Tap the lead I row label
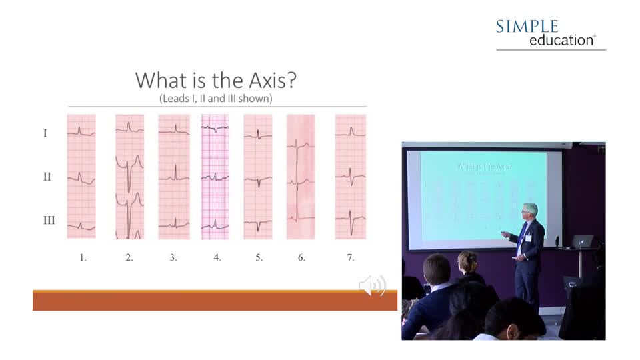(45, 133)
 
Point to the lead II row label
(47, 177)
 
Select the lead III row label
(49, 221)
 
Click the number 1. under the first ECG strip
(83, 257)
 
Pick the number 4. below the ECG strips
(217, 257)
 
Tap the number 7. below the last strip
(351, 257)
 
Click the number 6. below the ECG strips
(301, 257)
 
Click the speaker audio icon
(372, 285)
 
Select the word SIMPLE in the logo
(527, 27)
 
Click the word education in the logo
(561, 41)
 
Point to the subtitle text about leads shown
(216, 99)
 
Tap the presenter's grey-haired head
(530, 211)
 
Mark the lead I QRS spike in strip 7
(351, 131)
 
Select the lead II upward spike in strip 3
(175, 172)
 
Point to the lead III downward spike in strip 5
(258, 226)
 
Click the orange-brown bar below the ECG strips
(215, 301)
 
